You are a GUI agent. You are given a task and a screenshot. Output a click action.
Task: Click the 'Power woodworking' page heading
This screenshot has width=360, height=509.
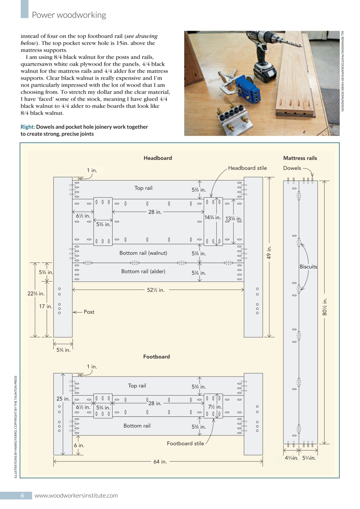69,15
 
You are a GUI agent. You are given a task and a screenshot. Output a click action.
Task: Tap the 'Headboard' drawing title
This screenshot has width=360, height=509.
158,158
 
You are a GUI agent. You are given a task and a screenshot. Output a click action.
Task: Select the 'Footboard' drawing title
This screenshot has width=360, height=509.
156,357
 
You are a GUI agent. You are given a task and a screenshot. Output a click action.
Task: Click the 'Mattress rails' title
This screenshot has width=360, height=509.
300,158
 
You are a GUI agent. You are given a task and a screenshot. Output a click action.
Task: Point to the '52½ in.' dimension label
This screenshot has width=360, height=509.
156,290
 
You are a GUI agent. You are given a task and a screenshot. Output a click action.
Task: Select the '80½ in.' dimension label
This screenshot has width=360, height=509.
325,307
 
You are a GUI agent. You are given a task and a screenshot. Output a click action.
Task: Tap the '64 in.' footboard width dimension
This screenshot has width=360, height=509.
160,462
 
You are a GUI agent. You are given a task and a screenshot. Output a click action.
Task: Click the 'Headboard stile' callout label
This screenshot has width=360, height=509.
247,168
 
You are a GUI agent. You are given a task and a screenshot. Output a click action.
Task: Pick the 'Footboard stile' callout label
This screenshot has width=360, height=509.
185,443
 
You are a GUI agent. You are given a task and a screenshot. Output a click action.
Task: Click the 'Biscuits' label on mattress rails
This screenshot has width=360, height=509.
308,267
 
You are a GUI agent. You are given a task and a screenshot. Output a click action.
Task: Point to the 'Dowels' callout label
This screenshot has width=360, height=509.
292,168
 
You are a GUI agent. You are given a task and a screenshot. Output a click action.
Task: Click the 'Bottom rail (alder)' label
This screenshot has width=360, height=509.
143,272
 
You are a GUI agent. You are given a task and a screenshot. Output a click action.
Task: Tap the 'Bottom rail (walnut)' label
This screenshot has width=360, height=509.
143,253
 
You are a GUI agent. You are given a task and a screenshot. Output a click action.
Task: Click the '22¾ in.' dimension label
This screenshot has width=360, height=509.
36,294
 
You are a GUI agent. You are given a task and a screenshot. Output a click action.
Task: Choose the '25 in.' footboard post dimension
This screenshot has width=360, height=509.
63,398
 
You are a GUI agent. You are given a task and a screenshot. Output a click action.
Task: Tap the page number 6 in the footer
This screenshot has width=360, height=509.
23,495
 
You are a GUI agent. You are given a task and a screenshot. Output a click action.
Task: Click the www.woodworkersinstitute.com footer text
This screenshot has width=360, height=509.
76,495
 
